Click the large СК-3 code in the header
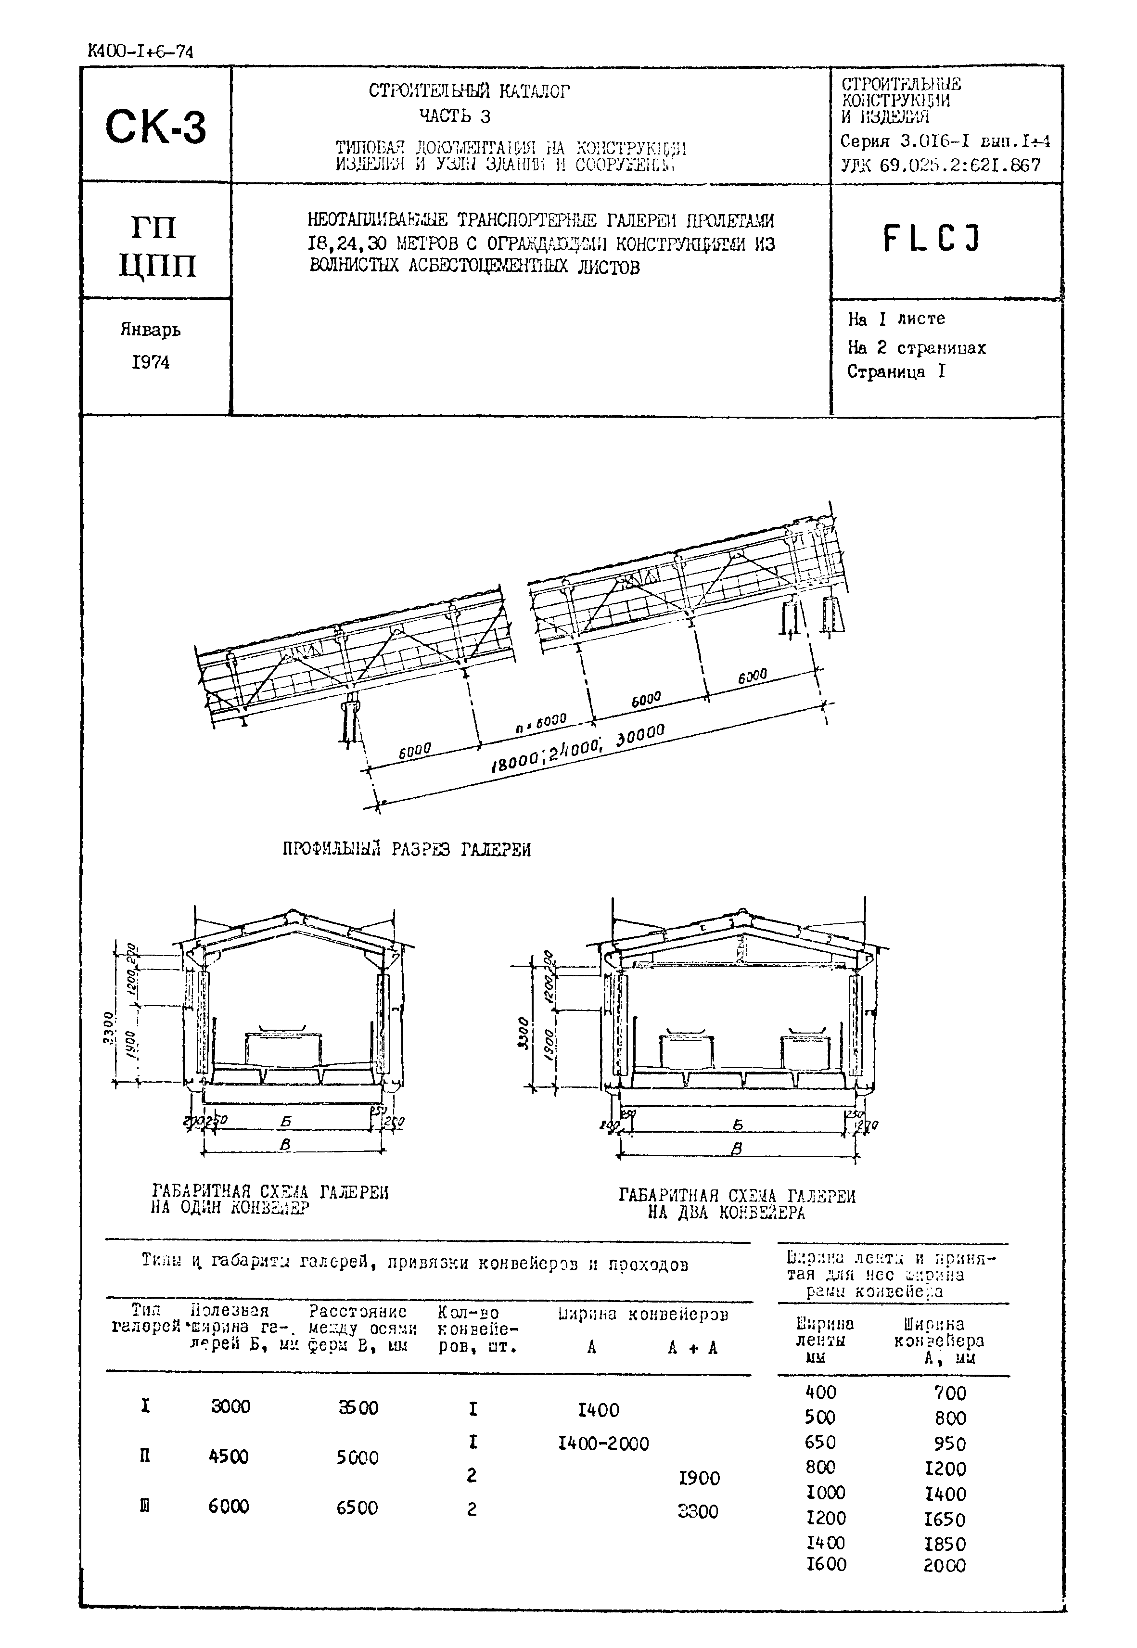click(155, 127)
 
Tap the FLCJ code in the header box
click(932, 239)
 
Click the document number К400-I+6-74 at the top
click(140, 52)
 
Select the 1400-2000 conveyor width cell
click(603, 1444)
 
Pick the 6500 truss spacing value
click(357, 1507)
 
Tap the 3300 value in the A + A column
click(698, 1510)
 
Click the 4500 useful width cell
click(229, 1457)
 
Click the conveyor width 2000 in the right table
click(945, 1565)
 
